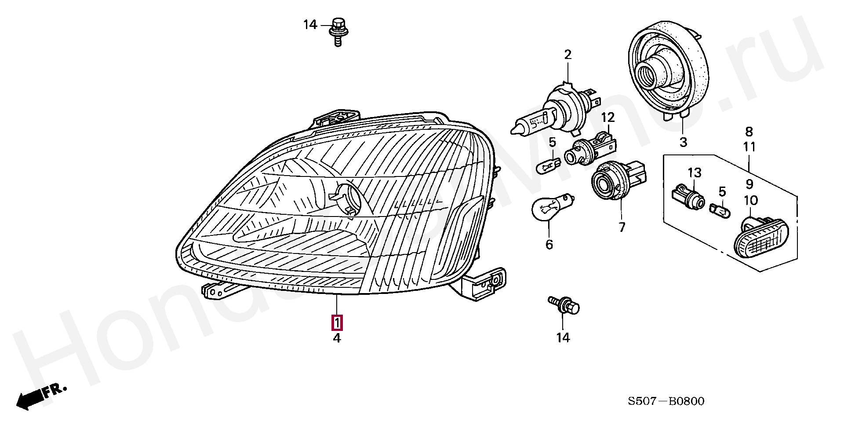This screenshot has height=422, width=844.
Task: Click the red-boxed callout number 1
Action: pos(337,323)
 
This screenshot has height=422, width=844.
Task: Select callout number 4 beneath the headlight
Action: pos(337,338)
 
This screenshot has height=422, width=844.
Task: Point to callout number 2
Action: pos(568,55)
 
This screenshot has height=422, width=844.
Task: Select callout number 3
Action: pos(683,142)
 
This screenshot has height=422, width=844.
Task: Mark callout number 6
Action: pos(549,245)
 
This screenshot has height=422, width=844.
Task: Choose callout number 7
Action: pos(622,228)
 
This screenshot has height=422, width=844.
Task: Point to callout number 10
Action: pos(751,201)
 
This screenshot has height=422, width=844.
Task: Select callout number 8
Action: pos(749,132)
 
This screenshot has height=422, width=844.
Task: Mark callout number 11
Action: pos(749,147)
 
